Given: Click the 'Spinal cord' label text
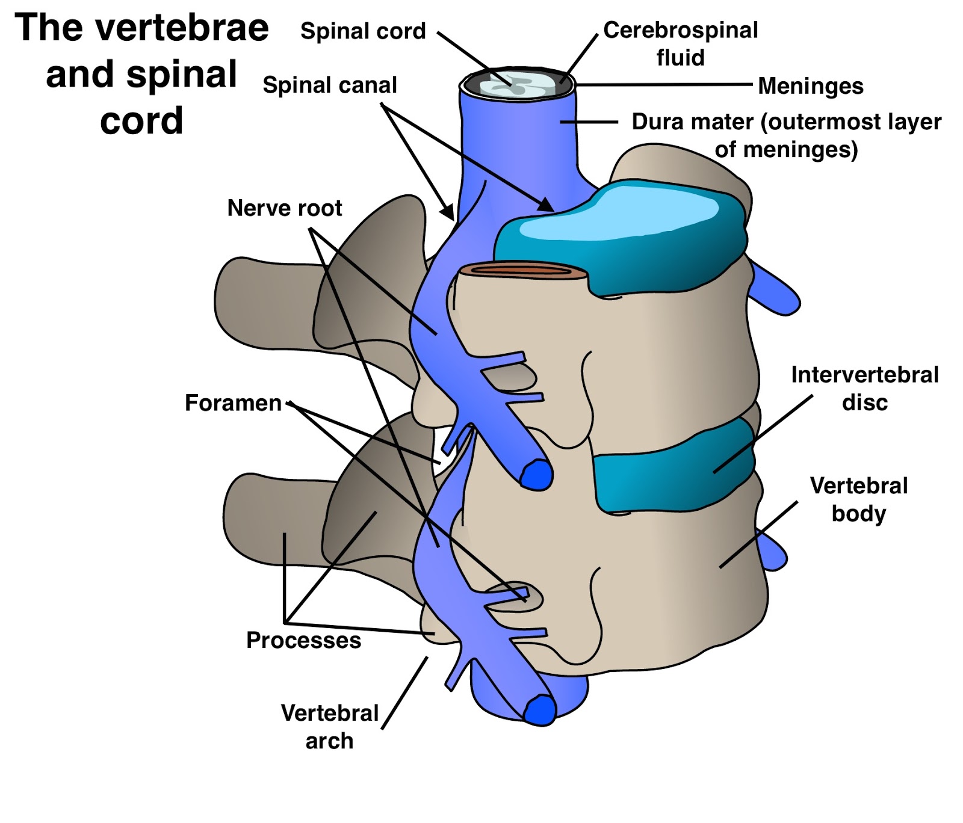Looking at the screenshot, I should (363, 31).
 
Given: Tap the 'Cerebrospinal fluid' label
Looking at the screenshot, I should (680, 43).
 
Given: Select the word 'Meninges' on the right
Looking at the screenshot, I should (810, 86).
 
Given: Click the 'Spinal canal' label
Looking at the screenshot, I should (330, 85).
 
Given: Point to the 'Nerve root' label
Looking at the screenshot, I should (284, 208).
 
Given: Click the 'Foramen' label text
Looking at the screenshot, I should (233, 403).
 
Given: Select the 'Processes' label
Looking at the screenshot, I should (303, 640).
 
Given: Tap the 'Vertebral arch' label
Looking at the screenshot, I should (329, 727).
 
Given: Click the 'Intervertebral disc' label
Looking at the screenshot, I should (864, 388).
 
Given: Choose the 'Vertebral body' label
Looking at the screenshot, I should (858, 499).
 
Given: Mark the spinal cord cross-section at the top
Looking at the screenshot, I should (516, 84).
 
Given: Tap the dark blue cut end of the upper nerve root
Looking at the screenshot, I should (536, 475).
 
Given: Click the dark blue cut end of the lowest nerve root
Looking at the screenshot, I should (539, 710).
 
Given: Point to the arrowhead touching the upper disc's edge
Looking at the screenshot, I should (547, 206).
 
